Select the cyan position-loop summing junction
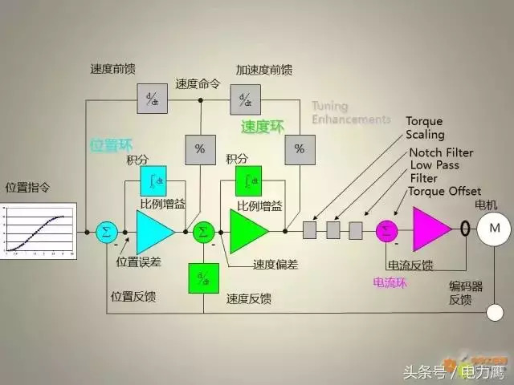coord(106,231)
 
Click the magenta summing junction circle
coord(387,230)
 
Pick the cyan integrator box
coord(153,180)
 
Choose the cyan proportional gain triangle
coord(153,231)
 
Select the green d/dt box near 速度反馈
coord(203,278)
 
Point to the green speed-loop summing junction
coord(204,231)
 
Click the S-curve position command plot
coord(39,230)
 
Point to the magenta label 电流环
coord(390,282)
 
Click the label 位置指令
coord(28,188)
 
